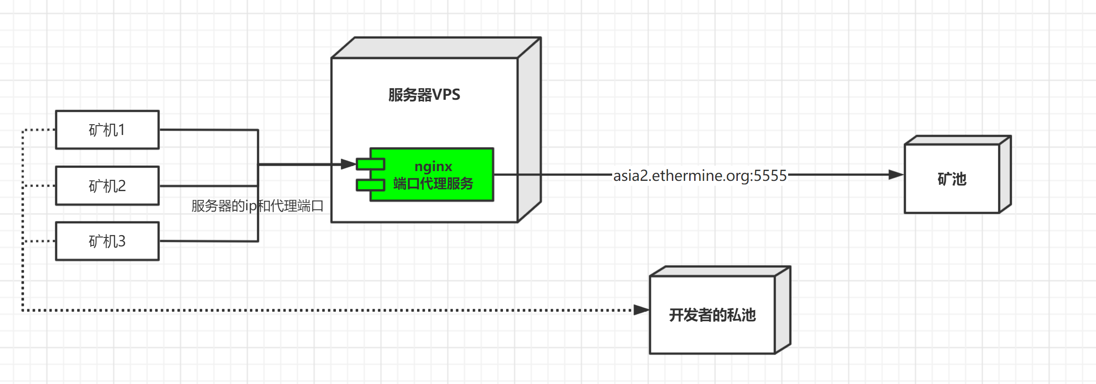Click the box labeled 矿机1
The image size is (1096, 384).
(x=107, y=130)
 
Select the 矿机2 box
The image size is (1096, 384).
(x=107, y=186)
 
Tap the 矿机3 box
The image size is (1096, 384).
(x=107, y=241)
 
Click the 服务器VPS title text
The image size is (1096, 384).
(x=424, y=94)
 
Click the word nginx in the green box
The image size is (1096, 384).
(x=433, y=166)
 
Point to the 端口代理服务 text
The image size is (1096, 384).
(x=433, y=184)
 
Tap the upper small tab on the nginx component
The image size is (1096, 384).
(x=370, y=164)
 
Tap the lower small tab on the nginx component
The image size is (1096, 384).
(x=370, y=185)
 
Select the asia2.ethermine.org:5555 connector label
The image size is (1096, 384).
(x=699, y=176)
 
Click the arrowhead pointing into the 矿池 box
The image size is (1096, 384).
(x=896, y=175)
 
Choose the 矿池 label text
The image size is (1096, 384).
(x=952, y=179)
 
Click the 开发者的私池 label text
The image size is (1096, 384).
(x=712, y=315)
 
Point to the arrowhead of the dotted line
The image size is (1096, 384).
(x=641, y=310)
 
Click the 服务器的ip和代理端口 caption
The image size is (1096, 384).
(x=257, y=206)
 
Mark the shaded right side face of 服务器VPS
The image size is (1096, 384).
(x=529, y=129)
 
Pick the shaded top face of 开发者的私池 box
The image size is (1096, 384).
(x=720, y=271)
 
